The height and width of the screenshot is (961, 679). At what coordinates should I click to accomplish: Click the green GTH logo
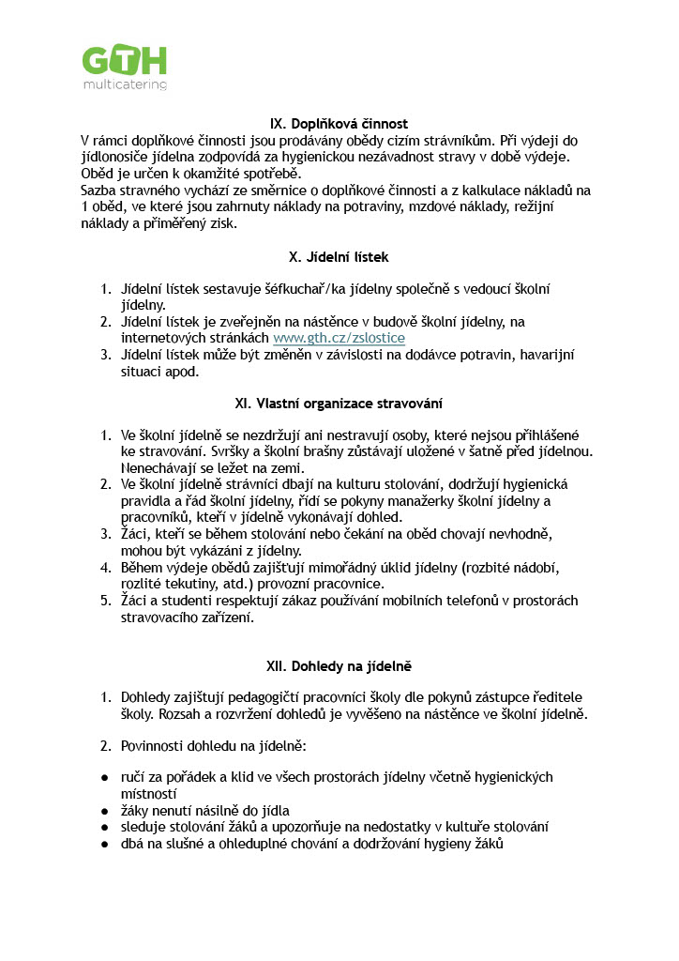[x=124, y=60]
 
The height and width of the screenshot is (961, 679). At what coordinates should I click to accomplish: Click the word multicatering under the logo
[x=124, y=84]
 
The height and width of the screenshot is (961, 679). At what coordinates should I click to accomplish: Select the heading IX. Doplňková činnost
[x=339, y=124]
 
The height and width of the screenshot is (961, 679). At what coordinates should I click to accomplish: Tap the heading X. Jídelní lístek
[x=339, y=256]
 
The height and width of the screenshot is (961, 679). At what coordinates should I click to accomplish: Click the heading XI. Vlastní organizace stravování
[x=339, y=404]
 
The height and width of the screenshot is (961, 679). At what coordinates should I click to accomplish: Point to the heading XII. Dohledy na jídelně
[x=339, y=666]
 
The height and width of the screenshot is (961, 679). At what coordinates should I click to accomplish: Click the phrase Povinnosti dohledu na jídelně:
[x=219, y=746]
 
